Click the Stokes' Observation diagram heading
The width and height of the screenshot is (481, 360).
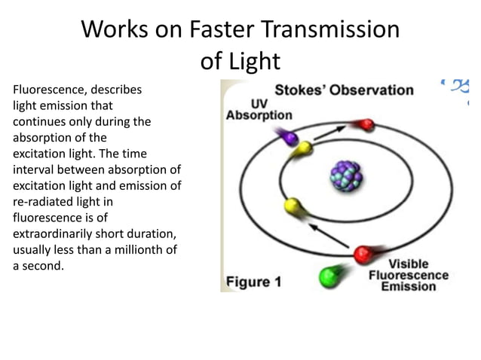point(344,90)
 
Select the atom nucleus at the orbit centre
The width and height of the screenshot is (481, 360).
point(346,178)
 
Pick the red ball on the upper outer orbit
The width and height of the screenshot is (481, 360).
point(366,124)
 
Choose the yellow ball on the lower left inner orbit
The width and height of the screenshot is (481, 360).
point(291,206)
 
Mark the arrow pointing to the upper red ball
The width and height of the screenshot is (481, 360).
point(328,133)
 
